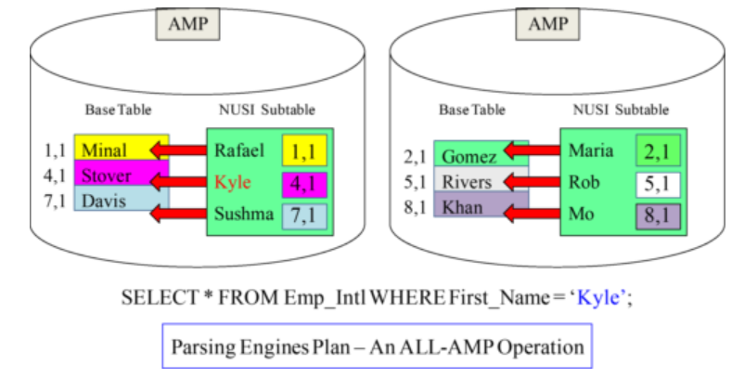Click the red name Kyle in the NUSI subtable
click(x=234, y=181)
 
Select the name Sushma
click(x=244, y=215)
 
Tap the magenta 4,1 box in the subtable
click(x=301, y=182)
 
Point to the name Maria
click(x=592, y=150)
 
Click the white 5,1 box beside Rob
click(x=658, y=183)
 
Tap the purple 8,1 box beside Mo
click(x=658, y=217)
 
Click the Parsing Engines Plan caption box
click(x=377, y=346)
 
